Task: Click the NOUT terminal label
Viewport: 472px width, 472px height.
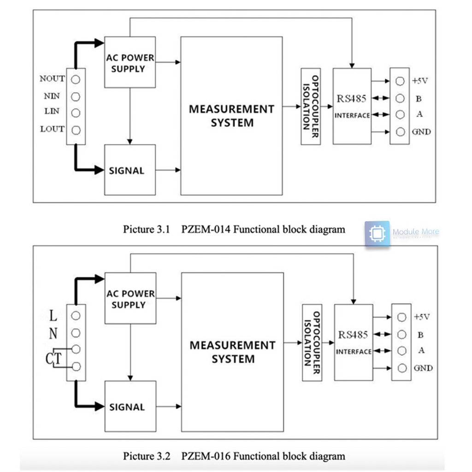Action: click(x=52, y=79)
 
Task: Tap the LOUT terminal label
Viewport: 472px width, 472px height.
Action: click(x=52, y=129)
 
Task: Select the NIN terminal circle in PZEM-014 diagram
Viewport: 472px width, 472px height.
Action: click(x=76, y=96)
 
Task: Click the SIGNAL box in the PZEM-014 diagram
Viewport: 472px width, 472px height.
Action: click(x=130, y=170)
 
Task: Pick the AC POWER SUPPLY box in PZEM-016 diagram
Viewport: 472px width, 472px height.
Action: click(x=130, y=298)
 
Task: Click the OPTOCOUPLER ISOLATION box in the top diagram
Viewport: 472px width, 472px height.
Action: click(x=310, y=106)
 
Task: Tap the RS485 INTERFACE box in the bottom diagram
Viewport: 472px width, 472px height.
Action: click(x=353, y=342)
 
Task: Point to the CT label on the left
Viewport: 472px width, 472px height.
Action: click(x=53, y=358)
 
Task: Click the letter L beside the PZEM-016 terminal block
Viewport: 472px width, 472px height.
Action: click(x=53, y=316)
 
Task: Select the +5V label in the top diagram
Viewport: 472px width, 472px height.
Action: click(x=420, y=81)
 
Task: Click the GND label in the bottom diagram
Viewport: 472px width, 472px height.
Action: click(x=423, y=368)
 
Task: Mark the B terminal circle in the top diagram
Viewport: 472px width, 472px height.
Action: click(x=400, y=98)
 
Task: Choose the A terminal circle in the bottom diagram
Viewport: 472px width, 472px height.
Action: click(x=401, y=350)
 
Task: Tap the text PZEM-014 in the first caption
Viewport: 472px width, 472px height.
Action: click(x=206, y=229)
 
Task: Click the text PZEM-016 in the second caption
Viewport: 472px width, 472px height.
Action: click(x=206, y=456)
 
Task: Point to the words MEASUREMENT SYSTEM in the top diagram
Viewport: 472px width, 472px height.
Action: click(x=231, y=116)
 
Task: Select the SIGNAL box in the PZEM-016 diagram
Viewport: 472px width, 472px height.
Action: click(x=130, y=406)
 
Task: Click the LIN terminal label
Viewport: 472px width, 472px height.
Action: click(x=52, y=112)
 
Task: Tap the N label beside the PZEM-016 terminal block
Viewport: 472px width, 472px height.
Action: click(x=53, y=333)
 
